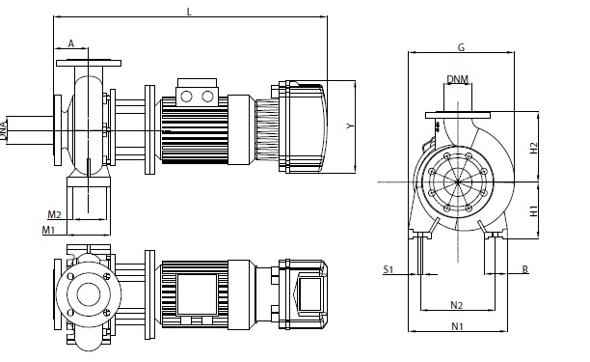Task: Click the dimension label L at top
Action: (189, 12)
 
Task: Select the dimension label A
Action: (71, 43)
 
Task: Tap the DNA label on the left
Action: (4, 130)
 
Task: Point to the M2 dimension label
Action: (54, 214)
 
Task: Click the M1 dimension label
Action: (48, 230)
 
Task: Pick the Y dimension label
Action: (350, 126)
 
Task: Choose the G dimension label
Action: (462, 47)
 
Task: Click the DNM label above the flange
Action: (458, 79)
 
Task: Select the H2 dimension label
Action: (533, 148)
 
